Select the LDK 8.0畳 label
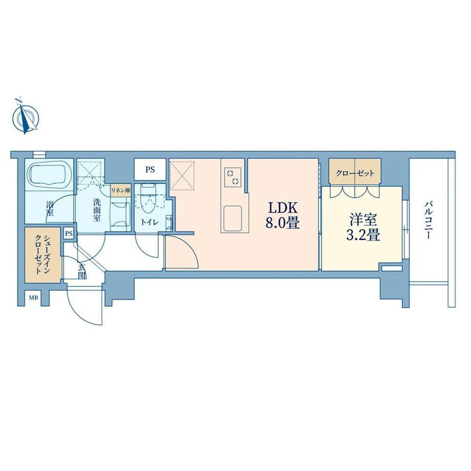coord(283,216)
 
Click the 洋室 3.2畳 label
coord(363,227)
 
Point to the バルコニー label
coord(428,221)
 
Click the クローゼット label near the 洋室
coord(355,174)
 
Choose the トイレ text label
coord(150,222)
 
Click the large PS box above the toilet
coord(150,169)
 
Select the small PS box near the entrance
coord(69,233)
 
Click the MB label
coord(33,298)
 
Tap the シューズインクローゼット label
coord(42,255)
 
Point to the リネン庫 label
coord(120,190)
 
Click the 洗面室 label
coord(96,209)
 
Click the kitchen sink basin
coord(232,218)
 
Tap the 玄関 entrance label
coord(81,271)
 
